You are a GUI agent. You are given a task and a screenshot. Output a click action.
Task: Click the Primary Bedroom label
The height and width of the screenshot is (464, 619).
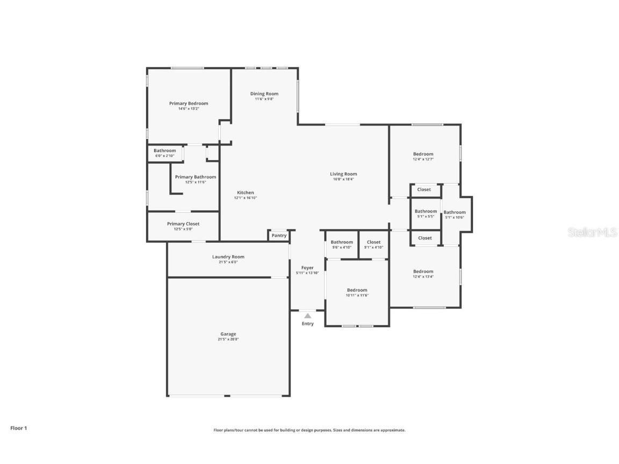pyautogui.click(x=189, y=104)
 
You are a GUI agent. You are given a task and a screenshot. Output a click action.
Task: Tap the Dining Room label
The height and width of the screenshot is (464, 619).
pyautogui.click(x=264, y=94)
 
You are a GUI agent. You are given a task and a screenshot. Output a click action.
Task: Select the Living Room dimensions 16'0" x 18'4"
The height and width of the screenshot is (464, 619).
pyautogui.click(x=343, y=179)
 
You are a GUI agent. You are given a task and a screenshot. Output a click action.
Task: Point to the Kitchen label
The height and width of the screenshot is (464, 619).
pyautogui.click(x=246, y=193)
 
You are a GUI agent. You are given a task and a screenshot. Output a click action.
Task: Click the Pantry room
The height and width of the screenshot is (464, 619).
pyautogui.click(x=279, y=235)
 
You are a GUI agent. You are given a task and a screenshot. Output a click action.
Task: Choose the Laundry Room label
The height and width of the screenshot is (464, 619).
pyautogui.click(x=228, y=257)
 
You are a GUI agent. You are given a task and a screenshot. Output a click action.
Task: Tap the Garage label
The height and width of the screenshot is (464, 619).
pyautogui.click(x=228, y=334)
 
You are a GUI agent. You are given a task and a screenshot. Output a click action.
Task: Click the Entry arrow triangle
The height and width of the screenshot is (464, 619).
pyautogui.click(x=307, y=316)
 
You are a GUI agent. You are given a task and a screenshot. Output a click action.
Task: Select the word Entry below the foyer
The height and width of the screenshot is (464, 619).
pyautogui.click(x=307, y=324)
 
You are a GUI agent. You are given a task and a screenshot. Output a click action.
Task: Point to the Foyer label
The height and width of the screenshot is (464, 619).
pyautogui.click(x=307, y=267)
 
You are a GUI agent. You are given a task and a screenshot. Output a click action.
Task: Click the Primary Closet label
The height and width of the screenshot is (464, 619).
pyautogui.click(x=183, y=224)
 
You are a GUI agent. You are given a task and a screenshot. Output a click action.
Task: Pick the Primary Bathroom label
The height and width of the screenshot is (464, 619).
pyautogui.click(x=196, y=177)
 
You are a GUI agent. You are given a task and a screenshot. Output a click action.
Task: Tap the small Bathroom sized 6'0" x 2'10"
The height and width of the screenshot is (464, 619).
pyautogui.click(x=164, y=153)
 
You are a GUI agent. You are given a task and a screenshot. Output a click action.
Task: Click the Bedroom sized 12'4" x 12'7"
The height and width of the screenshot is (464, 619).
pyautogui.click(x=423, y=156)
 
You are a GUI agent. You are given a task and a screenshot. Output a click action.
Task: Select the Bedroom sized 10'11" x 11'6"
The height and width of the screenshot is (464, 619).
pyautogui.click(x=357, y=292)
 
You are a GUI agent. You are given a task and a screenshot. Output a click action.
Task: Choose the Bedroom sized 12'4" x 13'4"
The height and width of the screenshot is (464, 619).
pyautogui.click(x=423, y=274)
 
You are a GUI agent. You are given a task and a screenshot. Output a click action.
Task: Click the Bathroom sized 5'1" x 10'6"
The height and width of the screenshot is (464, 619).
pyautogui.click(x=455, y=214)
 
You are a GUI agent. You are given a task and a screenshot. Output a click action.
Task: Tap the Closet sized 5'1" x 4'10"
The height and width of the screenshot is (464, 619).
pyautogui.click(x=373, y=244)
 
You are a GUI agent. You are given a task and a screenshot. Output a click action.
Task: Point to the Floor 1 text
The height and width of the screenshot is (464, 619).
pyautogui.click(x=18, y=428)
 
